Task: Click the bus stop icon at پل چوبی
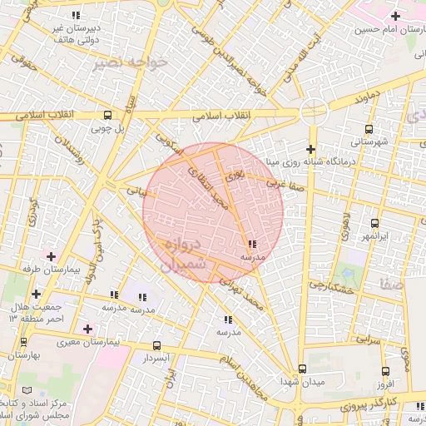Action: click(x=107, y=116)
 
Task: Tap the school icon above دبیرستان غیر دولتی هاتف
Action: click(x=77, y=16)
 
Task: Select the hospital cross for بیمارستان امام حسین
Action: click(x=397, y=15)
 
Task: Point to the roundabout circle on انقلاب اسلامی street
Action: click(x=314, y=110)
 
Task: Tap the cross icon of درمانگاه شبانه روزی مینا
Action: click(x=310, y=149)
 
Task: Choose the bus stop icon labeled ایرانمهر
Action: click(x=374, y=223)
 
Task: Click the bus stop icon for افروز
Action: click(x=384, y=371)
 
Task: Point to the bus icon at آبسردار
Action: click(x=156, y=345)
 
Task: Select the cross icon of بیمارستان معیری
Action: click(x=87, y=329)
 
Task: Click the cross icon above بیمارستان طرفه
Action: click(x=52, y=256)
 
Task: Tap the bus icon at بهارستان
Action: click(x=23, y=342)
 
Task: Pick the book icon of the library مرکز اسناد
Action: click(x=27, y=390)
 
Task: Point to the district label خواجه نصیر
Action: click(x=121, y=62)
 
